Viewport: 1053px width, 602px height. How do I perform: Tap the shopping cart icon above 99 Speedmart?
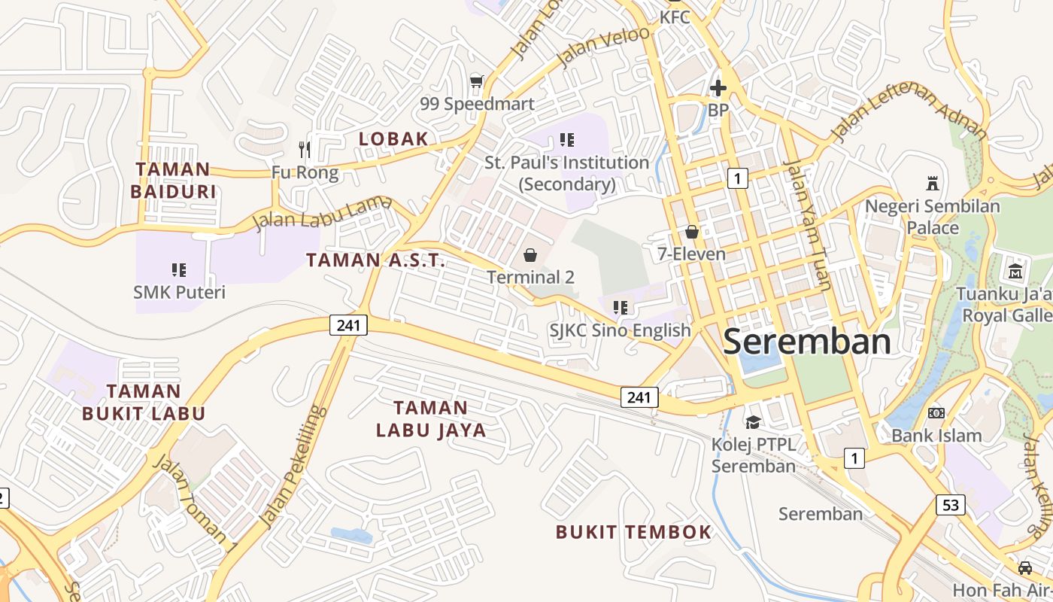pyautogui.click(x=475, y=81)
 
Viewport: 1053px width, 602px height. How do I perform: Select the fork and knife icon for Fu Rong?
pyautogui.click(x=305, y=149)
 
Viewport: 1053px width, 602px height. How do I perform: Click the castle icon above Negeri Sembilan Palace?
pyautogui.click(x=933, y=183)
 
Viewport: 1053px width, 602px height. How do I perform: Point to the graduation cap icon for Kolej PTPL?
pyautogui.click(x=754, y=421)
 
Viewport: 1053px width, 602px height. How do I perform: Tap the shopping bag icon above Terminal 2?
pyautogui.click(x=530, y=255)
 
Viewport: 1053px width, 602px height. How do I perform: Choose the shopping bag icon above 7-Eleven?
pyautogui.click(x=692, y=232)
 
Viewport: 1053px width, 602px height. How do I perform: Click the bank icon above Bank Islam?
pyautogui.click(x=936, y=413)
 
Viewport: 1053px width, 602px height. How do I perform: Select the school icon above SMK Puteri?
pyautogui.click(x=179, y=269)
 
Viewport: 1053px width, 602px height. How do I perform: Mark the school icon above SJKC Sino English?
pyautogui.click(x=620, y=307)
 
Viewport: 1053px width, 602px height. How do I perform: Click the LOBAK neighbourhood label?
pyautogui.click(x=393, y=138)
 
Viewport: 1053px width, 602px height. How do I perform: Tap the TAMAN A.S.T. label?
pyautogui.click(x=375, y=260)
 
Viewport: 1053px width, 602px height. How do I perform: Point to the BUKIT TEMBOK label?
pyautogui.click(x=633, y=532)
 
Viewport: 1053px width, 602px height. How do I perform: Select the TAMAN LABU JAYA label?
pyautogui.click(x=431, y=419)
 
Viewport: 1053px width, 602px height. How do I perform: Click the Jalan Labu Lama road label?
pyautogui.click(x=323, y=213)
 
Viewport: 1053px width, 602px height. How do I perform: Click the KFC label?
pyautogui.click(x=675, y=17)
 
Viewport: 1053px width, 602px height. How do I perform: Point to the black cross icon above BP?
pyautogui.click(x=718, y=88)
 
